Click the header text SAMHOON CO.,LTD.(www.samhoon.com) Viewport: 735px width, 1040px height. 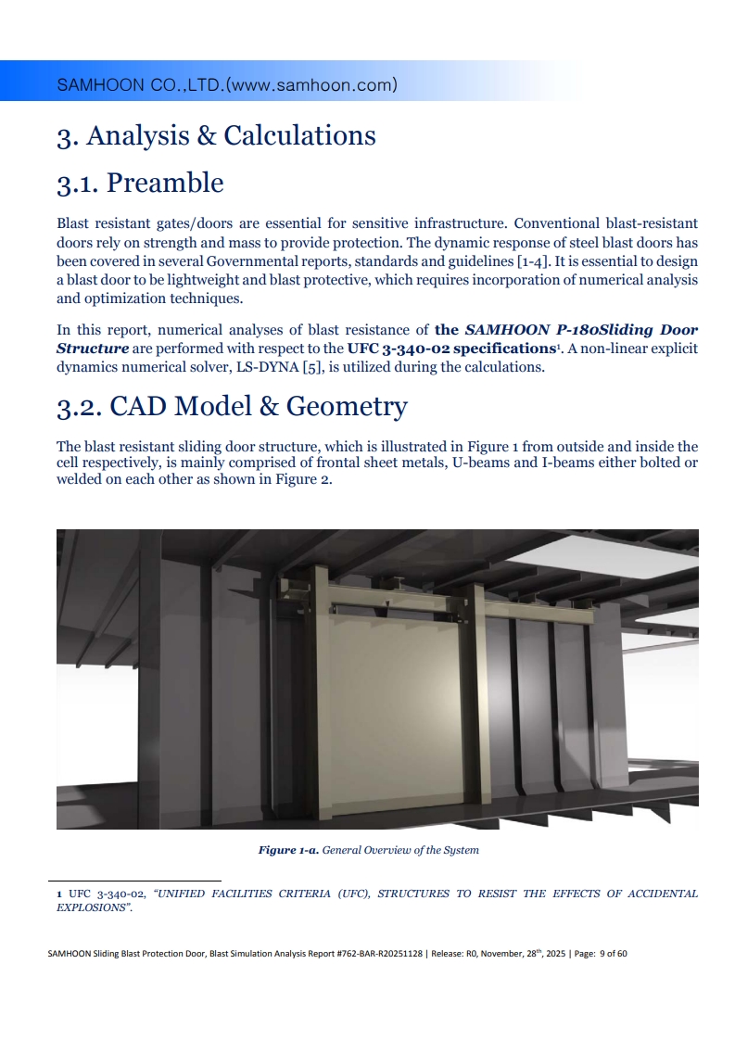click(x=227, y=86)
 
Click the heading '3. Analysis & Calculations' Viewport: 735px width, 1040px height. click(x=216, y=135)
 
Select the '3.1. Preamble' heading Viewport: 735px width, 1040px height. click(x=140, y=183)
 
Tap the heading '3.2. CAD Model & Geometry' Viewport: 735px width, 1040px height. click(x=232, y=407)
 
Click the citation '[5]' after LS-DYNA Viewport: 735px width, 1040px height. click(x=310, y=367)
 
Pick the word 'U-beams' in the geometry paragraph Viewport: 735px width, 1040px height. click(x=477, y=463)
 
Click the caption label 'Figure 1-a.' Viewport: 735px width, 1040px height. click(x=288, y=850)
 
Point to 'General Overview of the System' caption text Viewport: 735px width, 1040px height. click(x=400, y=850)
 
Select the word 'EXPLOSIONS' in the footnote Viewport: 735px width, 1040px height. click(x=92, y=908)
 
